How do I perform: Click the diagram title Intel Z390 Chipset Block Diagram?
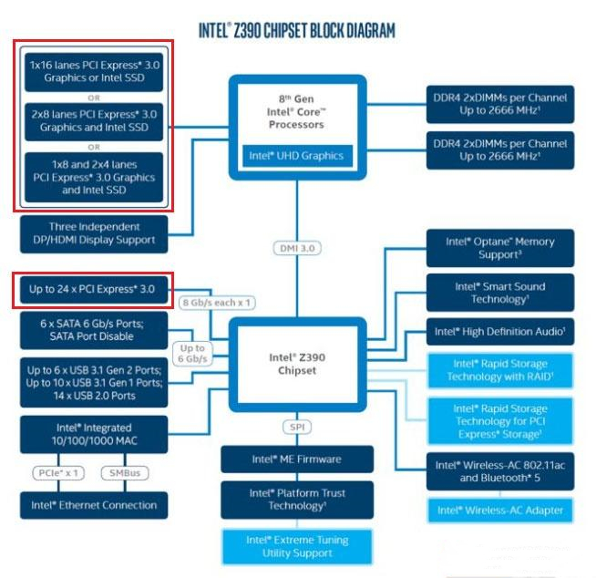coord(297,30)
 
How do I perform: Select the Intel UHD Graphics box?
coord(296,155)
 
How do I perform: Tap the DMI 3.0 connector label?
coord(297,247)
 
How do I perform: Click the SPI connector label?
coord(297,426)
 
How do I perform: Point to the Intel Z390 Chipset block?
coord(297,363)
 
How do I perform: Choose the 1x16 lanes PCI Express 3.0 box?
coord(93,71)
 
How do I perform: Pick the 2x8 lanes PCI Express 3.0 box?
coord(93,121)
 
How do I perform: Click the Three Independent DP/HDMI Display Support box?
coord(94,233)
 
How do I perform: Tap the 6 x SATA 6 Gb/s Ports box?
coord(93,329)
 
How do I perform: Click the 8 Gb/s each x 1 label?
coord(218,302)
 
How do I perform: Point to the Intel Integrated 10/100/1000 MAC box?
coord(94,434)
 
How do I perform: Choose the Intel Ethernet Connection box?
coord(93,505)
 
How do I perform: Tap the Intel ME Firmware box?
coord(297,459)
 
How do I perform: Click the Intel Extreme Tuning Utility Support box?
coord(297,546)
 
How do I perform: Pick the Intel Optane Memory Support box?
coord(499,248)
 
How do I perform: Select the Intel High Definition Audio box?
coord(499,332)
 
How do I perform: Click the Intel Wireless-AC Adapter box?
coord(499,510)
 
